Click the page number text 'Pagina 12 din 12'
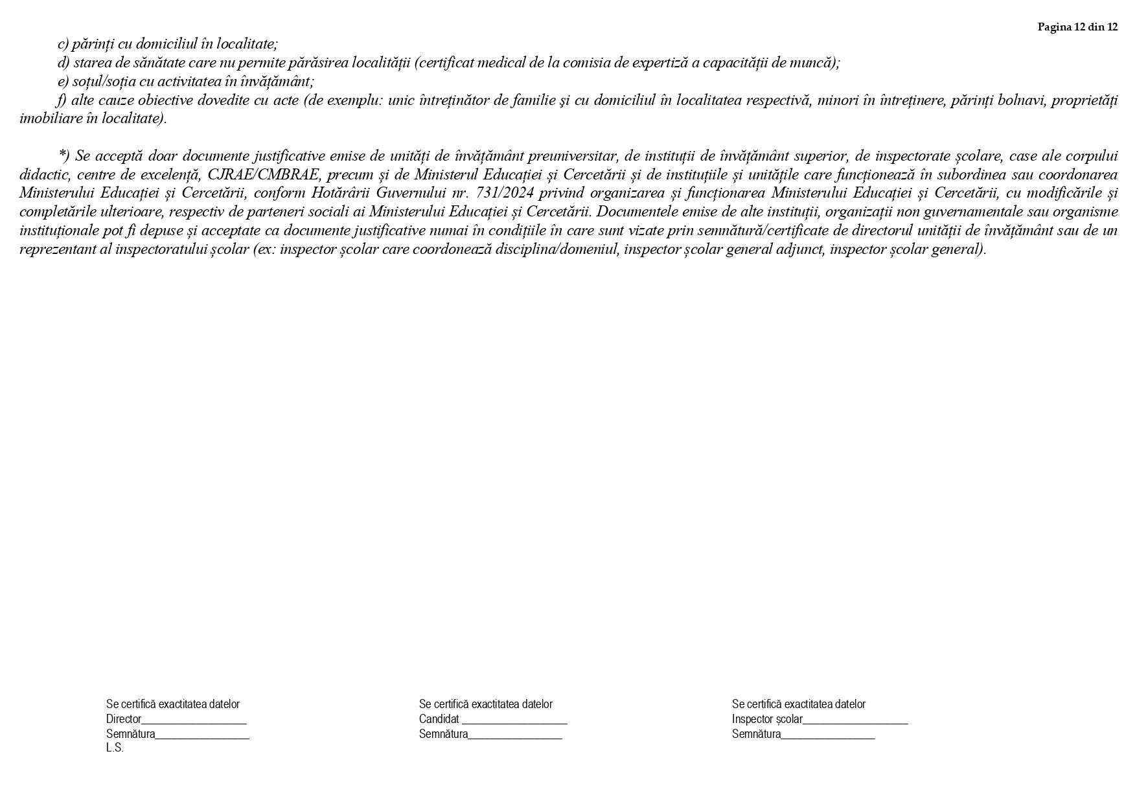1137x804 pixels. [x=1077, y=27]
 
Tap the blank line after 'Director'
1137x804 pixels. [x=194, y=720]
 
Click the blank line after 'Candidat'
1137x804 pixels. [x=514, y=720]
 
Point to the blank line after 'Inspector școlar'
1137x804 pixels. [x=855, y=720]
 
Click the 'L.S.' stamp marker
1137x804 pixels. [x=115, y=748]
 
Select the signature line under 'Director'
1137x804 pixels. [x=202, y=735]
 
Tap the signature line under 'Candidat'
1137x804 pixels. [x=515, y=735]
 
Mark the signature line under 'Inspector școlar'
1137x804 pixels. [x=828, y=735]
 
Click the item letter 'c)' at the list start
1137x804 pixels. [x=63, y=44]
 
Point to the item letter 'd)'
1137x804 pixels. [x=63, y=63]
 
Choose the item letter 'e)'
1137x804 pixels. [x=63, y=82]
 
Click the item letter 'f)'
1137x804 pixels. [x=62, y=100]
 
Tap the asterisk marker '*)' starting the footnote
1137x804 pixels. [x=63, y=155]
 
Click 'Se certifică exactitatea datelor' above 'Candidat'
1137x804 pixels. [x=485, y=704]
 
